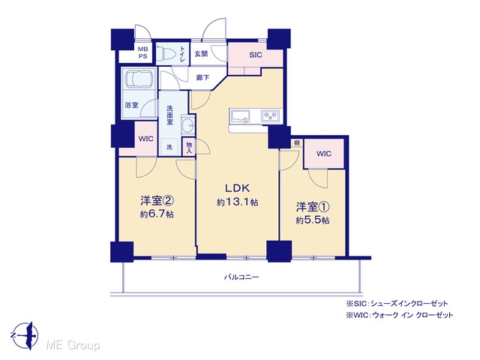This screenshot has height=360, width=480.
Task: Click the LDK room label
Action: tap(238, 188)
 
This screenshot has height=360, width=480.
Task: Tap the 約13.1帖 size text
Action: tap(238, 202)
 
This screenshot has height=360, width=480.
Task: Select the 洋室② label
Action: tap(157, 201)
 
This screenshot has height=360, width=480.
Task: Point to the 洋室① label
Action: tap(313, 207)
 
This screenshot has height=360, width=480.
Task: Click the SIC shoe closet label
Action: tap(256, 55)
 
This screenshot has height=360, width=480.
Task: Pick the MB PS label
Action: tap(142, 52)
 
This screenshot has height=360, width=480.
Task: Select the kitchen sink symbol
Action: tap(240, 117)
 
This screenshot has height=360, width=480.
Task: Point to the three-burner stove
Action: tap(271, 116)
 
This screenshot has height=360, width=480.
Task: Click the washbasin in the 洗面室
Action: tap(187, 125)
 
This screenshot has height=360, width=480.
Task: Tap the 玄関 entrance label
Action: tap(201, 54)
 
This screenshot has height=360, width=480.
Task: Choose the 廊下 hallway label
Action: tap(202, 78)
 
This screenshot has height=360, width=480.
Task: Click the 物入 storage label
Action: tap(189, 148)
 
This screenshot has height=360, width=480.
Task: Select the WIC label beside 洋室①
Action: tap(324, 153)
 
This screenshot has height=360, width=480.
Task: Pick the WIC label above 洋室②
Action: tap(146, 139)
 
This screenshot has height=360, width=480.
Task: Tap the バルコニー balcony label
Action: tap(241, 277)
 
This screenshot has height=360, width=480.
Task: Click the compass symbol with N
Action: tap(25, 335)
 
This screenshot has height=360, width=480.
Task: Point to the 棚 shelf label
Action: tap(297, 142)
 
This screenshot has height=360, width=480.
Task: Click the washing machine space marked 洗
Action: tap(169, 147)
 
